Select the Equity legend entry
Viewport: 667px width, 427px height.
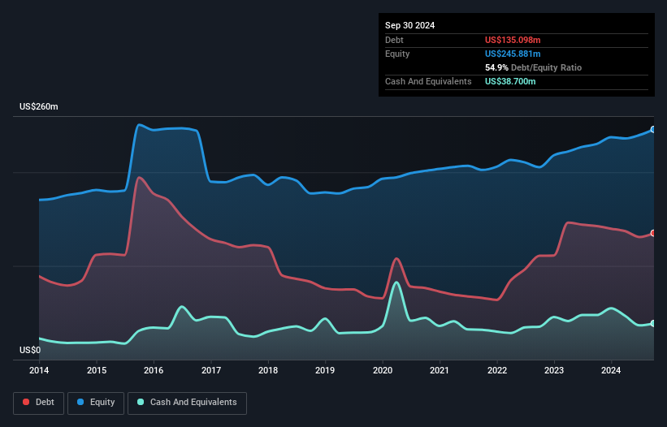pos(96,403)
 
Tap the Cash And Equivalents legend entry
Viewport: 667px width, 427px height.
pos(187,403)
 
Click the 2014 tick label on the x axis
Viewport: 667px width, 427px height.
pos(39,371)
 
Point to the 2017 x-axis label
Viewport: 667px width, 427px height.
pos(211,371)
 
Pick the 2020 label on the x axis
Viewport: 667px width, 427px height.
pos(383,371)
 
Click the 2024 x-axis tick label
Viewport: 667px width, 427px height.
pos(611,371)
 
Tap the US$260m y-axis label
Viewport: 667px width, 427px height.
pos(39,107)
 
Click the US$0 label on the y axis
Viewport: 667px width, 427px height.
pos(30,350)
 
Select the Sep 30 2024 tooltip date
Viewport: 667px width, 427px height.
pos(410,25)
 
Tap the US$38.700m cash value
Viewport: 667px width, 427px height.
pos(510,81)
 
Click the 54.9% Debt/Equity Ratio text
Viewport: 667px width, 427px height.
pos(533,67)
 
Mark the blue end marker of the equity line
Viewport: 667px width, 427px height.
pos(653,129)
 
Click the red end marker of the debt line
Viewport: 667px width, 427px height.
pos(653,233)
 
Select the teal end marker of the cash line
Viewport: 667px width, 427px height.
pos(653,323)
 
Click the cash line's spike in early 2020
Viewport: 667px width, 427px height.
pos(396,283)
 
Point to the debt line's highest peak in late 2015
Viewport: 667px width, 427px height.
pos(139,177)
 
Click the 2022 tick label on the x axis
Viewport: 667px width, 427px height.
pos(497,371)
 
